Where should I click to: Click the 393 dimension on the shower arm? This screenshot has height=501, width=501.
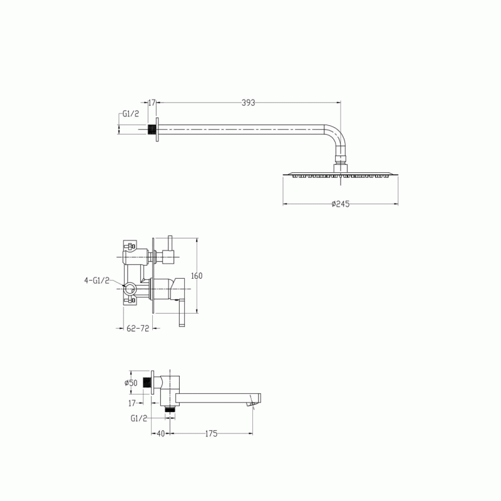(x=248, y=103)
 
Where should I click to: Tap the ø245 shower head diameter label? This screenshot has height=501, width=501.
(x=341, y=204)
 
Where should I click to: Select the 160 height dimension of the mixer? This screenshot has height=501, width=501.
(x=197, y=276)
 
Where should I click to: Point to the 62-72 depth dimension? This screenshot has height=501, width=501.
(x=138, y=328)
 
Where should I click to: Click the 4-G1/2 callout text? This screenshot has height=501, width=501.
(x=97, y=281)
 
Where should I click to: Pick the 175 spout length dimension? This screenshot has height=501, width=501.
(x=211, y=433)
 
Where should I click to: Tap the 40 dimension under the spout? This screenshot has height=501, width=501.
(x=161, y=433)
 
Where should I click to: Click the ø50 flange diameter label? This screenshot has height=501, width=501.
(x=131, y=383)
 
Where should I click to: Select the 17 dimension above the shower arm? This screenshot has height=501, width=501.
(x=152, y=103)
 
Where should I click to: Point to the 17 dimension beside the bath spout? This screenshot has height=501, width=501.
(x=132, y=403)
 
